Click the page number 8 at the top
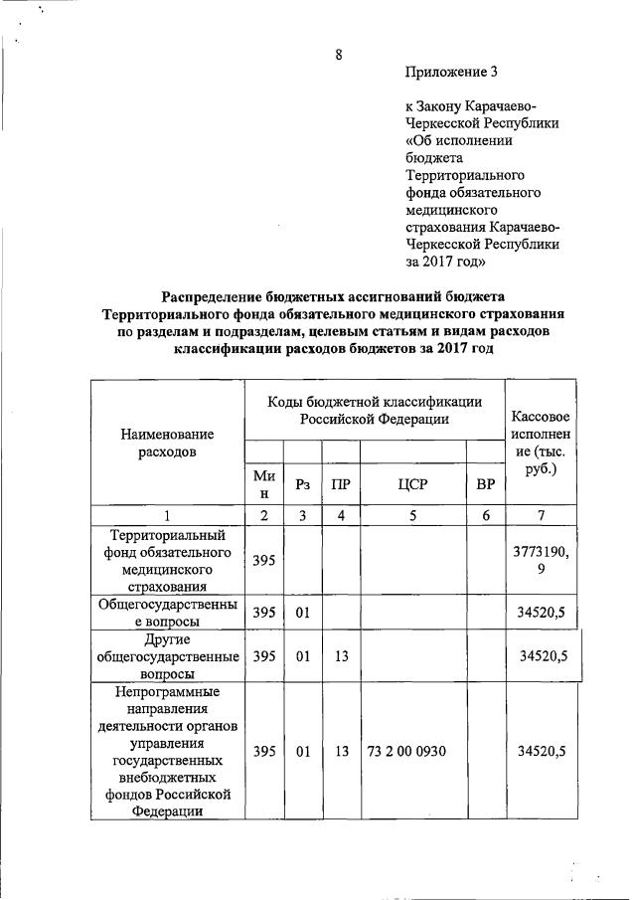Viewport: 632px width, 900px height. coord(339,55)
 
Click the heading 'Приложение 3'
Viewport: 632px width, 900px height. coord(450,72)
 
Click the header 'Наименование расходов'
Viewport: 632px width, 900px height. coord(167,444)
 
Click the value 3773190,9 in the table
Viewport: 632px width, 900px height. coord(541,561)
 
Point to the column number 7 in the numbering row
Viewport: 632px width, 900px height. coord(541,515)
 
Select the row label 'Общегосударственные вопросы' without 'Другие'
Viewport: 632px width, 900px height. coord(167,612)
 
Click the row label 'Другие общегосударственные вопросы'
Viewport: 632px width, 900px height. coord(167,655)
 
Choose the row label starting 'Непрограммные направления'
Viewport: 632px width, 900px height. coord(167,751)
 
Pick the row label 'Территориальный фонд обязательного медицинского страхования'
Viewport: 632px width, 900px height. coord(167,561)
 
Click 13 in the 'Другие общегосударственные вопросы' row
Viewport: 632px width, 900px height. coord(341,656)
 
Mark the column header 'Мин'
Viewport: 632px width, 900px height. coord(263,484)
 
